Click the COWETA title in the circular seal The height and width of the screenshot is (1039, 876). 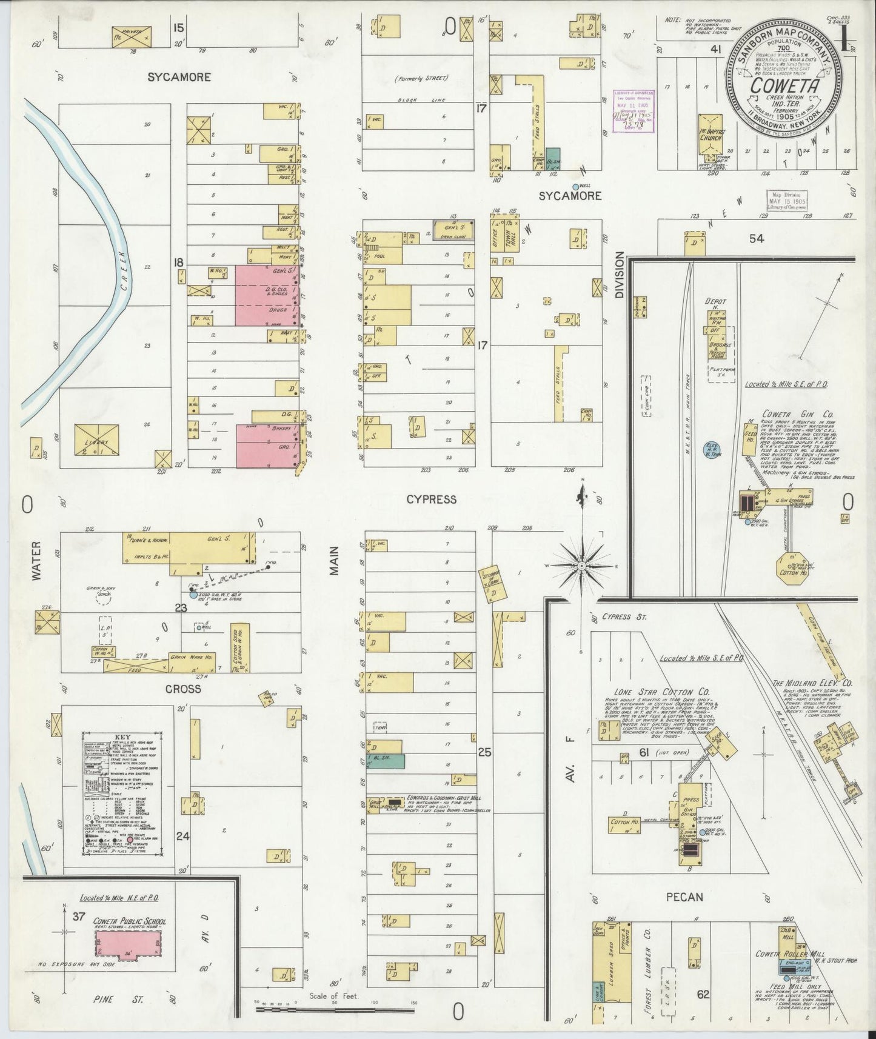click(x=785, y=85)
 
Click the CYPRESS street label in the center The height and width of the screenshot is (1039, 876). click(x=431, y=499)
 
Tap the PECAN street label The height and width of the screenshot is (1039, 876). click(x=684, y=897)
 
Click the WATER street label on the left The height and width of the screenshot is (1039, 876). click(x=36, y=561)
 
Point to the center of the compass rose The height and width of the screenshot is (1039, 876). click(x=581, y=566)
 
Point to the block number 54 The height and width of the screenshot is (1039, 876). click(x=756, y=239)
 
